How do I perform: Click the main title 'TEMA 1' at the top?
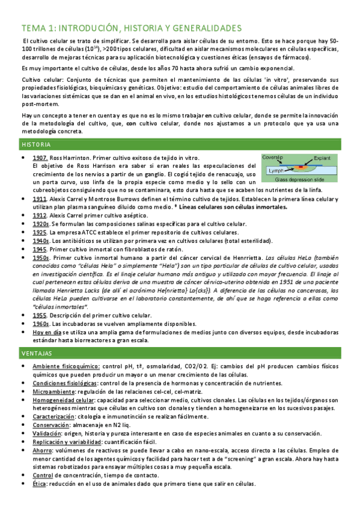[131, 28]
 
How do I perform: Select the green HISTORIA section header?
[37, 145]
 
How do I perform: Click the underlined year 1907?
[40, 158]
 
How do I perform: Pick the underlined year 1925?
[40, 232]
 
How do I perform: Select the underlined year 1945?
[40, 249]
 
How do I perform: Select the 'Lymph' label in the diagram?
[273, 171]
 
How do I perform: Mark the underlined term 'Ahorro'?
[42, 450]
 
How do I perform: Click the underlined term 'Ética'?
[40, 484]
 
